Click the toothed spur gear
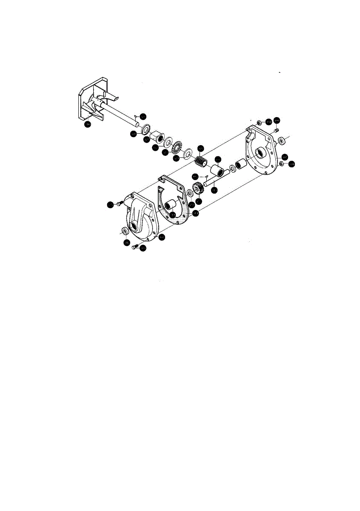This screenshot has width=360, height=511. pyautogui.click(x=197, y=188)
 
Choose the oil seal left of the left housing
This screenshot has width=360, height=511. pyautogui.click(x=125, y=231)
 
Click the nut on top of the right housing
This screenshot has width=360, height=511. pyautogui.click(x=260, y=122)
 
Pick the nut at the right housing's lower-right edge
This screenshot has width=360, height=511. pyautogui.click(x=282, y=163)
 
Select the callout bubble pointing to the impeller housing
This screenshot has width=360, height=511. pyautogui.click(x=87, y=124)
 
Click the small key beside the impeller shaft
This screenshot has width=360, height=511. pyautogui.click(x=135, y=115)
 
